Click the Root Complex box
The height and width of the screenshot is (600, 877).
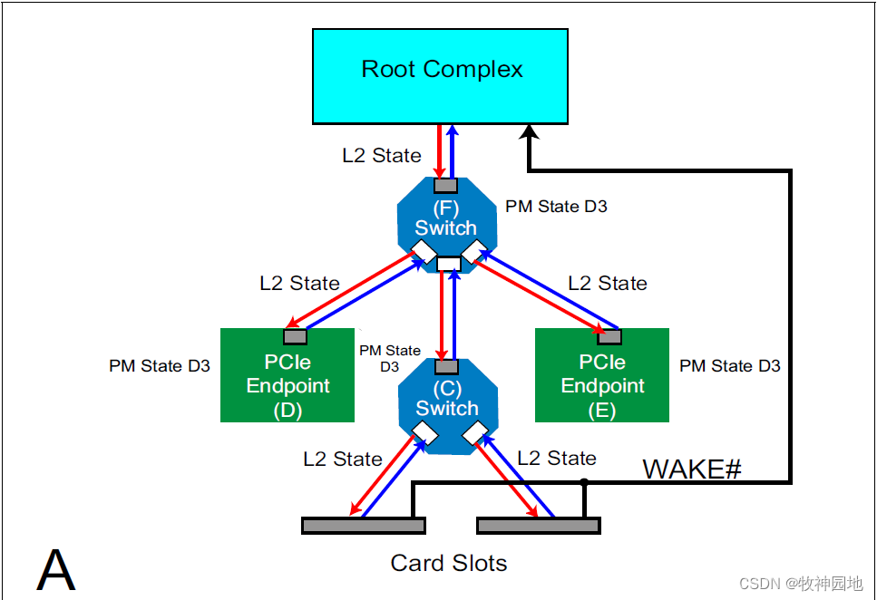[x=441, y=76]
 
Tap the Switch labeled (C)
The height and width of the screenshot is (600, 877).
[x=447, y=400]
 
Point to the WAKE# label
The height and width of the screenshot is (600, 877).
[x=692, y=469]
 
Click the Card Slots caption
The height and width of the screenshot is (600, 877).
[x=449, y=563]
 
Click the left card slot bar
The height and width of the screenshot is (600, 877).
[x=364, y=525]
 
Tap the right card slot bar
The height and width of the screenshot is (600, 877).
[x=539, y=525]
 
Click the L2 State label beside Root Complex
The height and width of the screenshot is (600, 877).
[x=382, y=156]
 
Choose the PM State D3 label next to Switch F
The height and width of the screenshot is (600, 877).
[x=556, y=207]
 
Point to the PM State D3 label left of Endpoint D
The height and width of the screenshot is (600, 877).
[x=160, y=366]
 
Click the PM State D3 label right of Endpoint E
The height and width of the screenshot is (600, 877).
[x=730, y=366]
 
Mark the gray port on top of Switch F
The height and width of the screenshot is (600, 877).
[x=445, y=185]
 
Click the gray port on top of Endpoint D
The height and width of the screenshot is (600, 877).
[x=296, y=337]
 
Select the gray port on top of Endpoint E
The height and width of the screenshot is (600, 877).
[x=609, y=337]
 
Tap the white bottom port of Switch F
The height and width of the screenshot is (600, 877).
[x=448, y=265]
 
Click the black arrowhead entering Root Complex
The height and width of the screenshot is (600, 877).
[x=528, y=132]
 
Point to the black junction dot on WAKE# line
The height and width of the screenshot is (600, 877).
[x=584, y=483]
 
